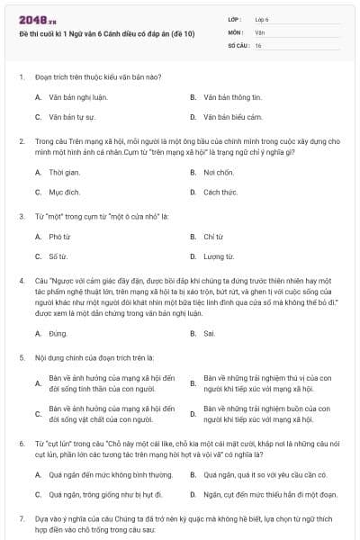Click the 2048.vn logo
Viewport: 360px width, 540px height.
35,19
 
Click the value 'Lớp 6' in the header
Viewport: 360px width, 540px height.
262,18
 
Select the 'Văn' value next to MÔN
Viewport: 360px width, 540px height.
259,31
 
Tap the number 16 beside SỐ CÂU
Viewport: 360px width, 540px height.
258,45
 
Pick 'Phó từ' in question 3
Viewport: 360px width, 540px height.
58,236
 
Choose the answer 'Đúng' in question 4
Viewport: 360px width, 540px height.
58,333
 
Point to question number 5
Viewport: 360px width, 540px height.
21,358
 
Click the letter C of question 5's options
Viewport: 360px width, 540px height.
38,414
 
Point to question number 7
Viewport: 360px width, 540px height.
21,519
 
